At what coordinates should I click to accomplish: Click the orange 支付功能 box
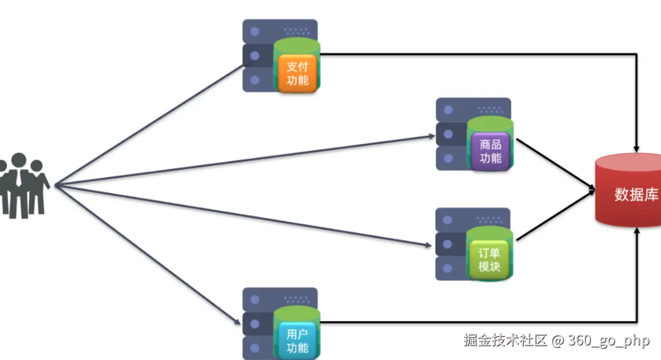[297, 73]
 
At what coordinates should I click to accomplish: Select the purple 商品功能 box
[491, 151]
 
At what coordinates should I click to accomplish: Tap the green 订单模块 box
[489, 260]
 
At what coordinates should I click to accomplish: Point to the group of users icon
[22, 185]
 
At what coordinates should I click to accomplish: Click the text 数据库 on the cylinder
[636, 195]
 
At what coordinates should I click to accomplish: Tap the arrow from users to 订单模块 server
[241, 215]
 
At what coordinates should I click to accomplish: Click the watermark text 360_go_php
[608, 340]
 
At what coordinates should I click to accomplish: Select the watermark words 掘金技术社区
[505, 340]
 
